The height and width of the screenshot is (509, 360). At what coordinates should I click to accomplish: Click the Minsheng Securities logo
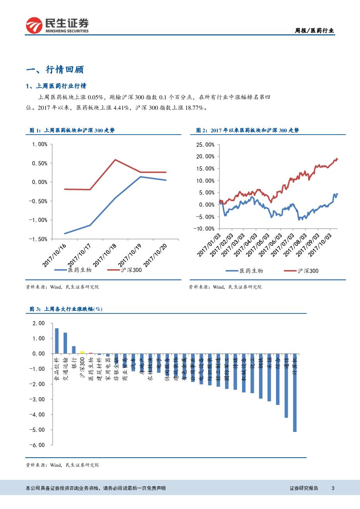(x=57, y=25)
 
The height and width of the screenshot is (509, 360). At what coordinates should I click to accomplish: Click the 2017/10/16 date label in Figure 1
(x=54, y=255)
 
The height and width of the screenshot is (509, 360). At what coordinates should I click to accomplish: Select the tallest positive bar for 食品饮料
(x=57, y=341)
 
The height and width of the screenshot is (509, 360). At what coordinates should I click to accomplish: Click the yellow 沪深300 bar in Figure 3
(x=82, y=352)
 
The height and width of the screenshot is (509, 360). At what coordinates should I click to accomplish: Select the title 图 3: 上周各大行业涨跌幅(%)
(x=65, y=309)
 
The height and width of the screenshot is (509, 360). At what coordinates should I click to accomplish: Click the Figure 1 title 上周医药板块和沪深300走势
(x=71, y=130)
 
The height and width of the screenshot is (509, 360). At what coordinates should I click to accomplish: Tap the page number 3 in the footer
(x=333, y=488)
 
